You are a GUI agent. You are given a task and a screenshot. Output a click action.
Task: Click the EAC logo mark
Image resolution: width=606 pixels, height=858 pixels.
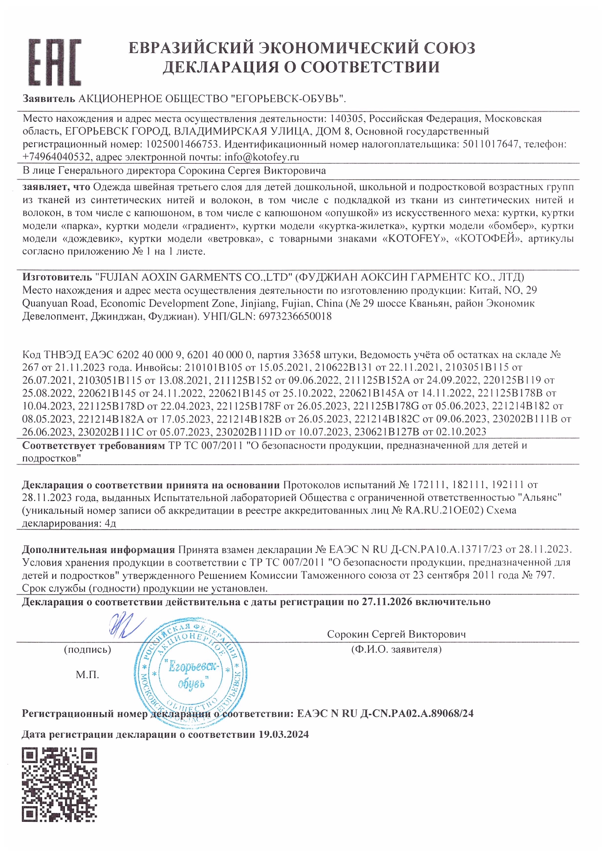tap(54, 62)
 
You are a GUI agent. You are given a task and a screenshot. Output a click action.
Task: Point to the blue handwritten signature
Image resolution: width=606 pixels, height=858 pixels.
tap(125, 625)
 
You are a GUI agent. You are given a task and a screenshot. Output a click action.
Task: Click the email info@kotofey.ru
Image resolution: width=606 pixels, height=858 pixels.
tap(261, 157)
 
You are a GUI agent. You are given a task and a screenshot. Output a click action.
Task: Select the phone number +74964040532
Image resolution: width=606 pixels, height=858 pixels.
tap(56, 157)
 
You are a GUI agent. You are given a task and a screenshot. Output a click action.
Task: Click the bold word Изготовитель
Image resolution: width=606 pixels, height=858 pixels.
tap(57, 277)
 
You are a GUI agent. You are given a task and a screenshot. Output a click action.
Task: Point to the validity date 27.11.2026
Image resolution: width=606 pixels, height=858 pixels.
tap(387, 602)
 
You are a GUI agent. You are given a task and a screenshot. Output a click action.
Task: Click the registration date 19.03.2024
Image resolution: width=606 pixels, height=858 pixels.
tap(283, 734)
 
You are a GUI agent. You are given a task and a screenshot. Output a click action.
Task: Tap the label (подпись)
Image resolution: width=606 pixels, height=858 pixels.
tap(87, 650)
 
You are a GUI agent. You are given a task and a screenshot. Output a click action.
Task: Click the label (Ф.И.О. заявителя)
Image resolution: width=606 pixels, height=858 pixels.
tap(396, 649)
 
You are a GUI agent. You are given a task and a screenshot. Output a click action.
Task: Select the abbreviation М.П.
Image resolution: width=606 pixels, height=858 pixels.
tap(87, 675)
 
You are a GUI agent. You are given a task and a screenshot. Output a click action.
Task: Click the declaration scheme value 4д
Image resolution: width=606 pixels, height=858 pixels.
tap(110, 523)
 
